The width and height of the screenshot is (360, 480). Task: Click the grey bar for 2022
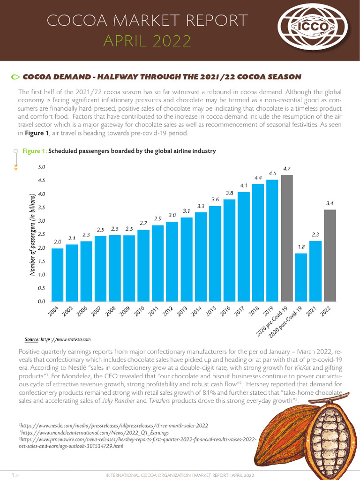(x=330, y=255)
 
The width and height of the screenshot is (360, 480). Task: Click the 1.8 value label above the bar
(x=301, y=247)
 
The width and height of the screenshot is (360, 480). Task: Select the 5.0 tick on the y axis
(x=41, y=167)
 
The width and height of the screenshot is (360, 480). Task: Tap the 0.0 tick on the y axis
(x=41, y=301)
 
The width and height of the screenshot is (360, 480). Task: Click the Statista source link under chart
(x=65, y=339)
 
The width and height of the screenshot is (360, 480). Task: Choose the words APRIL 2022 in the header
(x=147, y=42)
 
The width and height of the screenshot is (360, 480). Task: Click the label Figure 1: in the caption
(x=35, y=151)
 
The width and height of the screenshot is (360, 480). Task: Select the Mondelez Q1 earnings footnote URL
(x=94, y=433)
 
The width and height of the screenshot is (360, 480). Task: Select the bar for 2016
(x=229, y=250)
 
